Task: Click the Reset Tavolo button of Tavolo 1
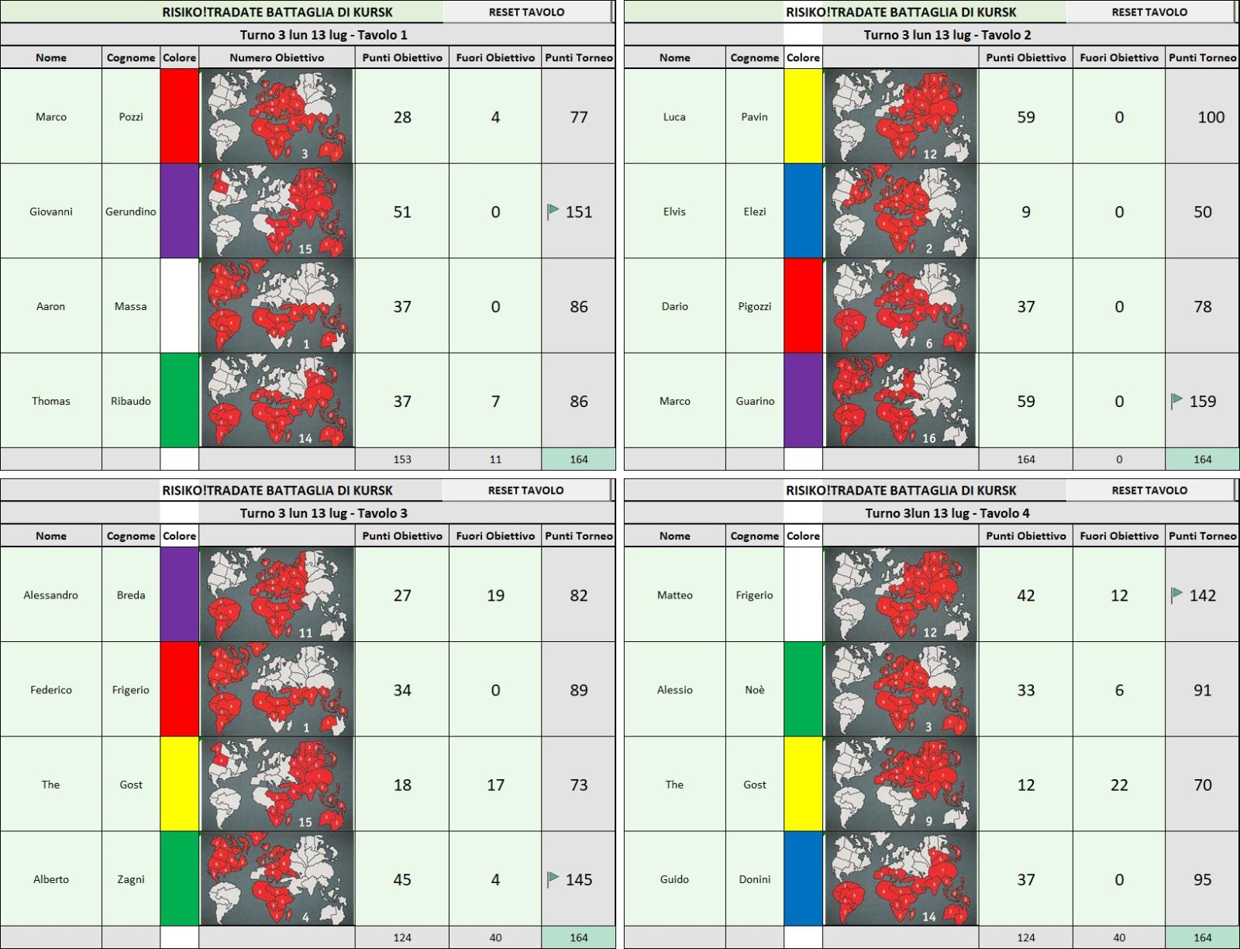coord(526,12)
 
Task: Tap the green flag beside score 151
coord(553,212)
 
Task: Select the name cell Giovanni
coord(51,212)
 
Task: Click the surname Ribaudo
coord(130,401)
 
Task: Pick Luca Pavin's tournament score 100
coord(1211,117)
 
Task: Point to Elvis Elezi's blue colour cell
coord(803,211)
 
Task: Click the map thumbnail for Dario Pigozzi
coord(901,305)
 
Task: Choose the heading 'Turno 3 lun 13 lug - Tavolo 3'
coord(324,513)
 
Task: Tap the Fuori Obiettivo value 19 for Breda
coord(495,595)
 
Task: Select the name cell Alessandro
coord(51,595)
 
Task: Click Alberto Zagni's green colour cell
coord(179,878)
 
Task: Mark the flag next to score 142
coord(1176,595)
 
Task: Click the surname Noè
coord(755,689)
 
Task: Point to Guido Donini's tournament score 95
coord(1202,879)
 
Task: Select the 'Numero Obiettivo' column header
coord(277,57)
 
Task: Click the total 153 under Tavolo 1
coord(402,460)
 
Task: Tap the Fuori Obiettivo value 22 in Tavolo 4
coord(1119,785)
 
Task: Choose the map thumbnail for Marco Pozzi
coord(277,116)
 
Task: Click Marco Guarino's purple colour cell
coord(803,400)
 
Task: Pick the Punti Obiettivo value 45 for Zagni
coord(402,879)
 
